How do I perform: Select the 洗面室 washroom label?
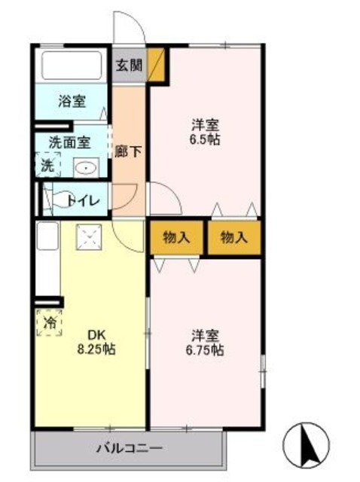[69, 142]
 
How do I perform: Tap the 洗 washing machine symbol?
[47, 164]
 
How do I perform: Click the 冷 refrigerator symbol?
[48, 322]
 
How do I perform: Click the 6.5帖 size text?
[205, 140]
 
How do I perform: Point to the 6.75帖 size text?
[206, 350]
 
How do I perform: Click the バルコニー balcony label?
[128, 450]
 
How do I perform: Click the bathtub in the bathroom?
[72, 66]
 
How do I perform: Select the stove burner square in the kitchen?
[90, 238]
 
